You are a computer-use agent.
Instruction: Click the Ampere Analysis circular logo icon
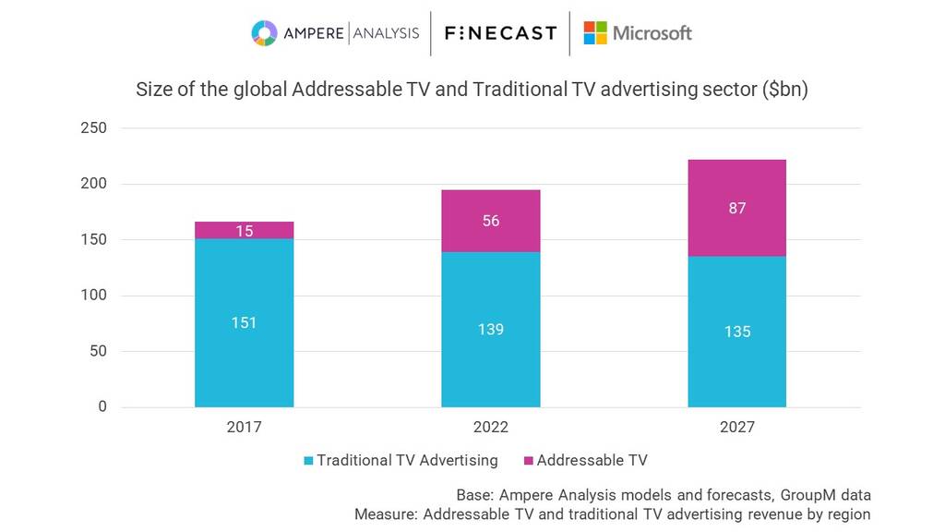point(264,33)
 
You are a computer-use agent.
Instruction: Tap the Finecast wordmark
point(500,33)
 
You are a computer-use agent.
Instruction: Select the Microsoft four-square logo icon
point(595,33)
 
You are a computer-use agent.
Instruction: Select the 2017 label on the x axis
point(245,428)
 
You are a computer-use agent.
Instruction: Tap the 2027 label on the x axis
point(737,428)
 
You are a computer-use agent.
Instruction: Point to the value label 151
point(245,322)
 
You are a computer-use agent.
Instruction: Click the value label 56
point(491,221)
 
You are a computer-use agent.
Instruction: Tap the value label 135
point(737,332)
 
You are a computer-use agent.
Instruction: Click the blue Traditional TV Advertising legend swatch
point(308,460)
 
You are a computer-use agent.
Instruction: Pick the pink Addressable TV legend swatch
point(528,460)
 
